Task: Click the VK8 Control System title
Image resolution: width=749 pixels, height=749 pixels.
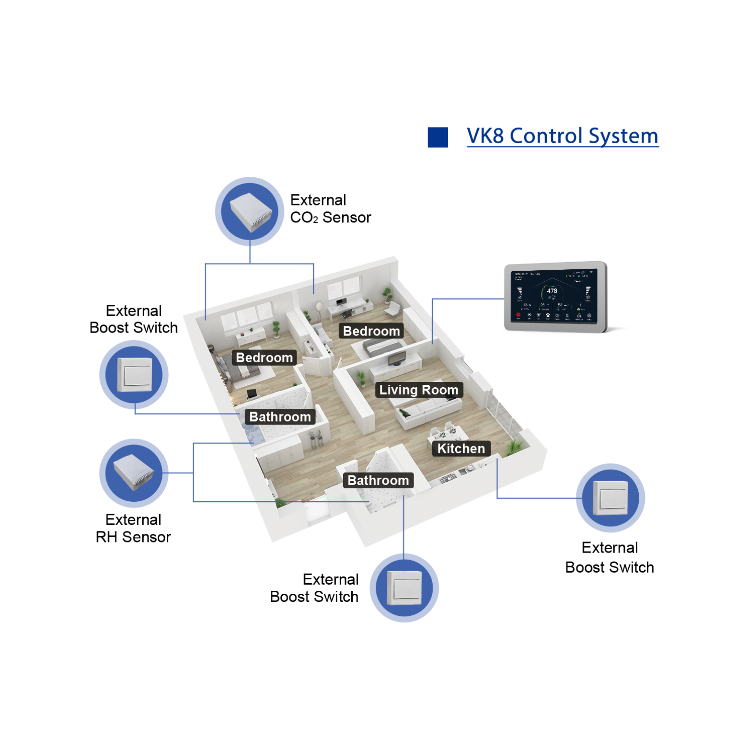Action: click(x=562, y=136)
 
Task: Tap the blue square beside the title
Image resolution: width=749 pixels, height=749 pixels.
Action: click(x=438, y=137)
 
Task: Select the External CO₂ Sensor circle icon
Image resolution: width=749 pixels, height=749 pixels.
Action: click(x=249, y=211)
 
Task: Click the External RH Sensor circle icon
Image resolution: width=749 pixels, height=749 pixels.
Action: click(x=134, y=473)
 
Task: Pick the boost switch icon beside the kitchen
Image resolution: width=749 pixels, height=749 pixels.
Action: click(x=610, y=497)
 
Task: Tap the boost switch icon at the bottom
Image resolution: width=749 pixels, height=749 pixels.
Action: click(x=404, y=588)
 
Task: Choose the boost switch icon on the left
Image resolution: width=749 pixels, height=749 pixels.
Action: click(x=134, y=374)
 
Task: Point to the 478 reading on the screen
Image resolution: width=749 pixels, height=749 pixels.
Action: click(x=552, y=291)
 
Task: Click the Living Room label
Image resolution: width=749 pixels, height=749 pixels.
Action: click(x=418, y=390)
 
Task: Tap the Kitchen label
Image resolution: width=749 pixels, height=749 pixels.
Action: click(x=461, y=449)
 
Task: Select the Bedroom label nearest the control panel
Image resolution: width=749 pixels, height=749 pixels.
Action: click(x=371, y=331)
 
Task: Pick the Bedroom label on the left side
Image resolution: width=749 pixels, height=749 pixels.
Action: click(x=264, y=357)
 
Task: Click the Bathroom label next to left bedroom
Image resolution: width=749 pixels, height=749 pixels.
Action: click(x=280, y=417)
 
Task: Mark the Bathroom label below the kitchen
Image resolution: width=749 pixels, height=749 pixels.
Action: click(x=378, y=480)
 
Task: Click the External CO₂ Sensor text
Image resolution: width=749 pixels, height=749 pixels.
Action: click(x=330, y=209)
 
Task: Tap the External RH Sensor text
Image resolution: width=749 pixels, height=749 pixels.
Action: click(x=133, y=528)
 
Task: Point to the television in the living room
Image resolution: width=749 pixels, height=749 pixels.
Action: click(x=397, y=358)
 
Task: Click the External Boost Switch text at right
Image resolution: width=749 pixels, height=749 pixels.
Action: click(x=609, y=557)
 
